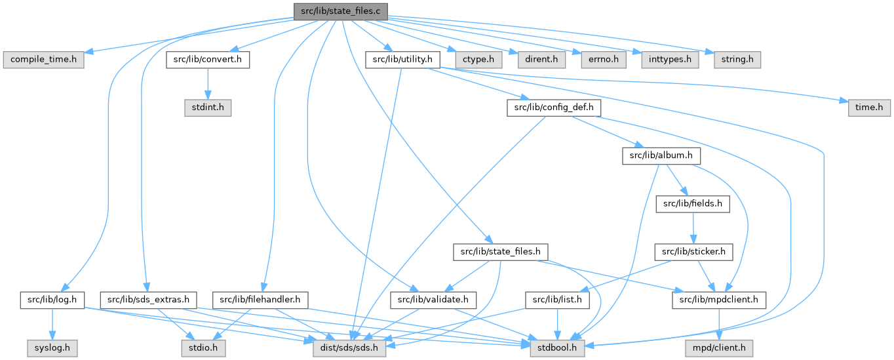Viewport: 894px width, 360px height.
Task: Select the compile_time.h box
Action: (x=43, y=60)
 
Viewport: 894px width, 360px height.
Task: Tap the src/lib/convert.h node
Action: (x=207, y=60)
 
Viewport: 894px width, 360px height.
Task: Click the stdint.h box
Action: (x=207, y=107)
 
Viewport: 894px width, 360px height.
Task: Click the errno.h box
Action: (x=600, y=60)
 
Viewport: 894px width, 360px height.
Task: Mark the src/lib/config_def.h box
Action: (x=554, y=107)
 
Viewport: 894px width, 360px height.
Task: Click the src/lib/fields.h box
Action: (x=693, y=203)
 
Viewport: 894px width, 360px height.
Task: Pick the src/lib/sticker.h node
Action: (x=693, y=251)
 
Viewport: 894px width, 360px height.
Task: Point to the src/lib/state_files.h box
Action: (x=500, y=251)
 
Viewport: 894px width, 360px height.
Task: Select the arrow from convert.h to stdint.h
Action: (x=207, y=83)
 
